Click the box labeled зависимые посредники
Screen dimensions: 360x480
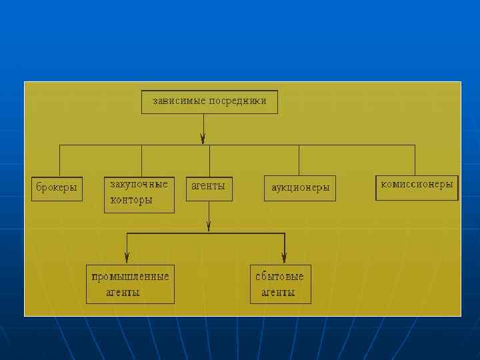click(x=209, y=102)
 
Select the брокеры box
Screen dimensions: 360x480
click(x=57, y=189)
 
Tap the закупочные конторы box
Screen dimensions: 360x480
click(x=139, y=194)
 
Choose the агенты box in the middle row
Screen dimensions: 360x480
click(x=209, y=187)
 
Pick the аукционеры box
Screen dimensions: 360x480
click(x=300, y=188)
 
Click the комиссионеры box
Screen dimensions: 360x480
click(x=417, y=187)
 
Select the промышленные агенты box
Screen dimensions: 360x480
click(x=130, y=284)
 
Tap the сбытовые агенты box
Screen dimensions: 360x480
click(x=280, y=284)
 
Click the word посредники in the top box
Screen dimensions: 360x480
click(x=237, y=101)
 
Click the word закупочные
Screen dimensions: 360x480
click(x=139, y=183)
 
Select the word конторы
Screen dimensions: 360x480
click(x=131, y=199)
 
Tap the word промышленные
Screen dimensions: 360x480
click(x=131, y=276)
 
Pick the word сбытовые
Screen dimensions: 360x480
click(x=280, y=276)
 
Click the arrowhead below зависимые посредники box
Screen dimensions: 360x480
click(x=203, y=139)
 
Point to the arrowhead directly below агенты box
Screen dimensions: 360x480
click(x=209, y=227)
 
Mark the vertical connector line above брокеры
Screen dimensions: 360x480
click(x=60, y=160)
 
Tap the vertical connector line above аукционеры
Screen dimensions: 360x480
click(x=299, y=160)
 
